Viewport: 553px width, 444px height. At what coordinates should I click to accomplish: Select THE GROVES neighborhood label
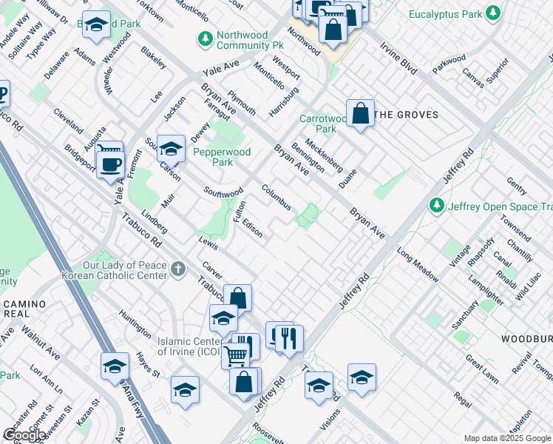(x=406, y=115)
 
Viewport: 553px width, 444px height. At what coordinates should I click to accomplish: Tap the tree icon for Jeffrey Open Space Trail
(x=437, y=206)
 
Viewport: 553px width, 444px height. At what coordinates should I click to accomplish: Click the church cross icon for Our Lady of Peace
(x=177, y=269)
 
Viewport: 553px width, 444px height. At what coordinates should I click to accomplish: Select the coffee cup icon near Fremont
(x=110, y=164)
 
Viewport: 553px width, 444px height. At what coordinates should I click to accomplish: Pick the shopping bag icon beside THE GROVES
(x=360, y=114)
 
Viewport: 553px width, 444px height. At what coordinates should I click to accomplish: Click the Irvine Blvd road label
(x=393, y=53)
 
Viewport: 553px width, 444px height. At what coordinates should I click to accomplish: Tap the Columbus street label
(x=276, y=197)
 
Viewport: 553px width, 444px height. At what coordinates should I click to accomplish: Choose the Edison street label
(x=252, y=230)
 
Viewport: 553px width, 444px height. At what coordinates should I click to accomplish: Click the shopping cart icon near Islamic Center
(x=235, y=355)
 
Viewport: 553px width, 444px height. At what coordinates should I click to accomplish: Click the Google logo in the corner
(x=25, y=435)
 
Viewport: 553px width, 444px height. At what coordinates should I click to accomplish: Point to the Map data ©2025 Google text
(x=506, y=438)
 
